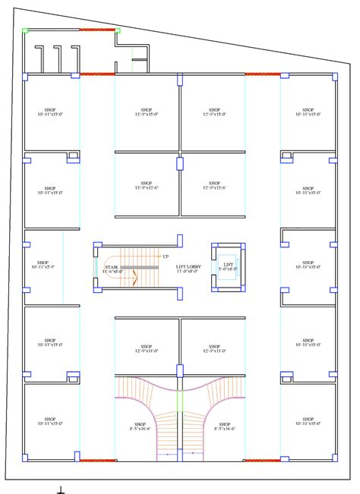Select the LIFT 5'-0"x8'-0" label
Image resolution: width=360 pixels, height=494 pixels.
(229, 266)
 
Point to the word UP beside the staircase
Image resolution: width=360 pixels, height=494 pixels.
(165, 256)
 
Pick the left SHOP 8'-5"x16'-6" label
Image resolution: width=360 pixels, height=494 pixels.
(140, 426)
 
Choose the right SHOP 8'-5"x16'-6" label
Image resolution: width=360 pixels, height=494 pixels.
(224, 426)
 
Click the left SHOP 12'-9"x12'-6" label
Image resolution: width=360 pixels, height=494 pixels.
(147, 184)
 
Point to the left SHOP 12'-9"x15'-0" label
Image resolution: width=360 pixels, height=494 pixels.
(147, 112)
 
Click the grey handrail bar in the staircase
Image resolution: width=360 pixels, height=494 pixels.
(138, 267)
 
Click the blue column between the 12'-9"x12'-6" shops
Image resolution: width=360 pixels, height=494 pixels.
(180, 163)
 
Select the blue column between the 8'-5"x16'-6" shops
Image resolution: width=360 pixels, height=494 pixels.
(180, 371)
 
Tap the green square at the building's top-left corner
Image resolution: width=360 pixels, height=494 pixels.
(25, 30)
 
